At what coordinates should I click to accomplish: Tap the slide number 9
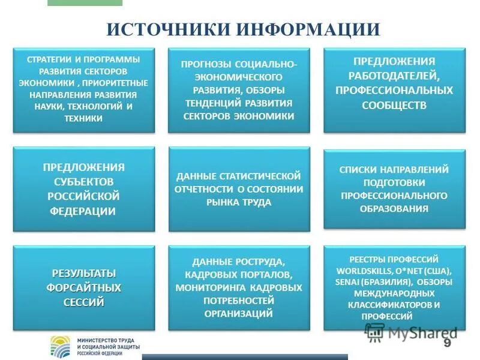[x=447, y=343]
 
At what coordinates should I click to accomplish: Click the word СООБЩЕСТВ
[x=394, y=105]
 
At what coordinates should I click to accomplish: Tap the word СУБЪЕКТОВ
[x=83, y=181]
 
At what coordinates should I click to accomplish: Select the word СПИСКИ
[x=359, y=170]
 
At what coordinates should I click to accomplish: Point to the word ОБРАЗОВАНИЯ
[x=394, y=209]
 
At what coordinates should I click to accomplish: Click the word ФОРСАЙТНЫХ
[x=83, y=287]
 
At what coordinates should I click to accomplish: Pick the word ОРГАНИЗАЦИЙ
[x=239, y=314]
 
